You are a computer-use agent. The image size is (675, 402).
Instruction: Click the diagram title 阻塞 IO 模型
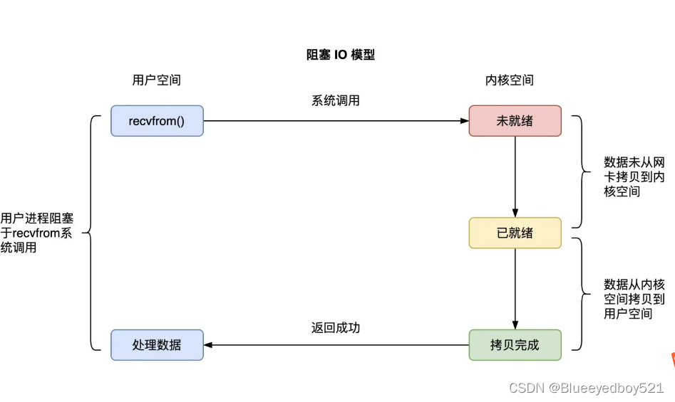(x=340, y=55)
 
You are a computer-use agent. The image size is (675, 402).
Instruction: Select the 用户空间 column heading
(x=156, y=80)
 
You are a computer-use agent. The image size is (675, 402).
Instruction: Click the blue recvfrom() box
(x=157, y=121)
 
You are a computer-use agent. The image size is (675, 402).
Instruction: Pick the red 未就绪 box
(x=515, y=121)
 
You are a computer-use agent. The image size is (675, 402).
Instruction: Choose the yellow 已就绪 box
(x=515, y=233)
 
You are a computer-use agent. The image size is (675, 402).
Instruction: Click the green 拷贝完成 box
(x=515, y=345)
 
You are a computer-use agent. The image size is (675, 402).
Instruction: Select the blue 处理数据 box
(x=157, y=345)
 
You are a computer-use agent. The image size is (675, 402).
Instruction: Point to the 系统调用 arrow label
(x=335, y=101)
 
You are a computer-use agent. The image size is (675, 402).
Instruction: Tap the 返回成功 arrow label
(x=335, y=328)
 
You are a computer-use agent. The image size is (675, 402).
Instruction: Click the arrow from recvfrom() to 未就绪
(x=335, y=121)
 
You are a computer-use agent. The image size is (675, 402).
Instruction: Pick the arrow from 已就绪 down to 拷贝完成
(x=515, y=289)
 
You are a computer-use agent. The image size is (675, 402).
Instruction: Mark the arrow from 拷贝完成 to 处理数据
(x=335, y=345)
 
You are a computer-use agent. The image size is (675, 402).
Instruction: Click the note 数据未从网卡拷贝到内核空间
(x=634, y=176)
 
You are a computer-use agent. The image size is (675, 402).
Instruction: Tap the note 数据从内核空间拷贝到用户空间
(x=634, y=299)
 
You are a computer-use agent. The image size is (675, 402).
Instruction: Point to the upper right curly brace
(x=579, y=171)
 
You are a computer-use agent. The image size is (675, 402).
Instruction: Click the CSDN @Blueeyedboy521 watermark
(x=586, y=388)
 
